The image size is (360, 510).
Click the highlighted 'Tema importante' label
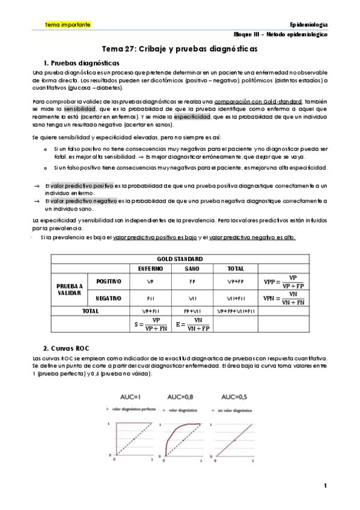pyautogui.click(x=68, y=25)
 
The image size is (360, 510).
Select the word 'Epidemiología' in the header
pyautogui.click(x=308, y=25)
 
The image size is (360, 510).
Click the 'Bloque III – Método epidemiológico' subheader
pyautogui.click(x=281, y=35)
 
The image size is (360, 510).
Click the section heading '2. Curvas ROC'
pyautogui.click(x=64, y=348)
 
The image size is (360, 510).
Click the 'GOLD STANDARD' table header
pyautogui.click(x=178, y=258)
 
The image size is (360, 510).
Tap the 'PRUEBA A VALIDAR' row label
pyautogui.click(x=69, y=289)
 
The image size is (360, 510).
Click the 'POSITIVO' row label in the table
pyautogui.click(x=109, y=281)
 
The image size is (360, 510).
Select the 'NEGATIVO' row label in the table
pyautogui.click(x=109, y=298)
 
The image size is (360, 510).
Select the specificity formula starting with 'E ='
pyautogui.click(x=193, y=324)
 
